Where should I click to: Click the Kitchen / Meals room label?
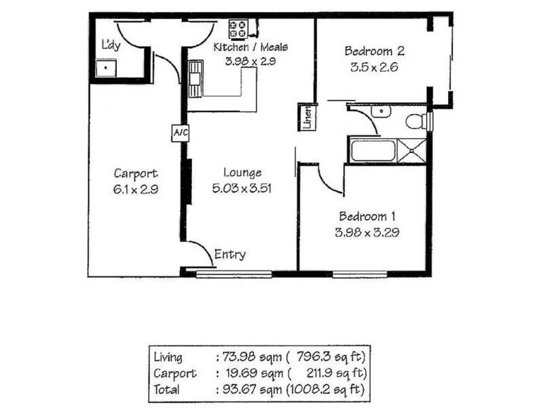(x=250, y=48)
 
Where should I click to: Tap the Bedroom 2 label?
(x=375, y=51)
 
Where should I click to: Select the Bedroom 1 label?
(x=367, y=216)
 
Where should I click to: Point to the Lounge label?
(x=242, y=173)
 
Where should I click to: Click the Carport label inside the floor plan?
(x=136, y=173)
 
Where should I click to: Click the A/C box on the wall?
(x=180, y=133)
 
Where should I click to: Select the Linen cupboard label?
(x=307, y=118)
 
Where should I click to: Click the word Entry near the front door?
(x=229, y=255)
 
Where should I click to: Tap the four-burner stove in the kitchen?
(x=239, y=29)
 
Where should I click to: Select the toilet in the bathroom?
(x=416, y=122)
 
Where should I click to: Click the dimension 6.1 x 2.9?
(x=136, y=190)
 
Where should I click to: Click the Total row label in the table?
(x=166, y=390)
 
